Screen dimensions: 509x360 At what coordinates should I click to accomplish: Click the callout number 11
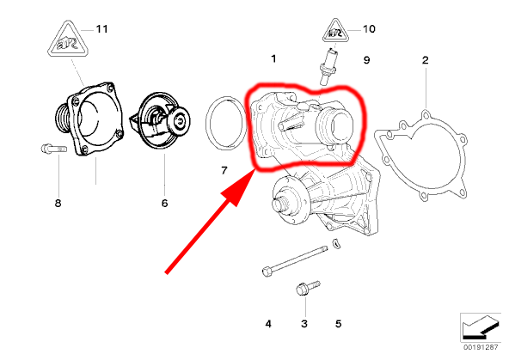click(102, 29)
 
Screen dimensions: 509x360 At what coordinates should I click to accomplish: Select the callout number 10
click(369, 29)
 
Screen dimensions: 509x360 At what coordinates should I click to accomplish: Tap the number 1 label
click(274, 58)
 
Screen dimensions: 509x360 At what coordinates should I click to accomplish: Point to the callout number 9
click(366, 60)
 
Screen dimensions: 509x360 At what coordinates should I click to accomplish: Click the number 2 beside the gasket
click(426, 60)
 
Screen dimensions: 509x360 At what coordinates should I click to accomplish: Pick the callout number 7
click(224, 170)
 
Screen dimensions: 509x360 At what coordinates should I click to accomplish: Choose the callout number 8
click(58, 204)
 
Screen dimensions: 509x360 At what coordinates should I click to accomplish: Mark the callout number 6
click(164, 204)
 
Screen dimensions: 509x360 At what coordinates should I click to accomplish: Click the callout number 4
click(268, 324)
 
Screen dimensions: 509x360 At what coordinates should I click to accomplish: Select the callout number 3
click(304, 324)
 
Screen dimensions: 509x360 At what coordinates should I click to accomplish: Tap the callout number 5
click(338, 324)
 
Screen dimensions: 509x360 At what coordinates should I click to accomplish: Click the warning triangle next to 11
click(68, 40)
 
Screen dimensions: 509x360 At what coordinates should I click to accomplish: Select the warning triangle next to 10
click(335, 32)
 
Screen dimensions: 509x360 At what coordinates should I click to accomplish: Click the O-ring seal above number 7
click(207, 123)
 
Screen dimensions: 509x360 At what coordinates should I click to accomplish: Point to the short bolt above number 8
click(54, 149)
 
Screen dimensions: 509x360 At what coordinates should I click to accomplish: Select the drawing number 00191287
click(481, 347)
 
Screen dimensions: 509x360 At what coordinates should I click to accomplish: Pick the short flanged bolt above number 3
click(308, 288)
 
